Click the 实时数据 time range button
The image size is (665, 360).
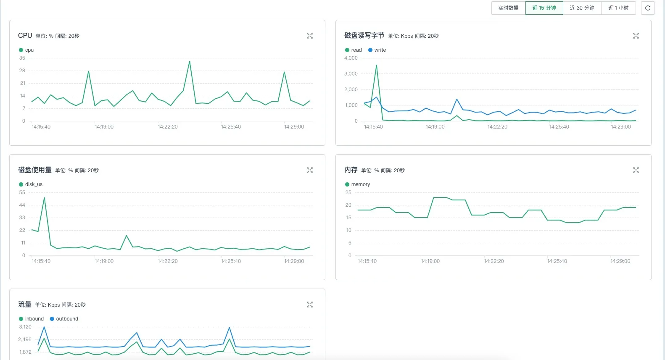[x=508, y=8]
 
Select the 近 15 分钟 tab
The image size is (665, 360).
[x=544, y=8]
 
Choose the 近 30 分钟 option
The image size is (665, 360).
[x=582, y=8]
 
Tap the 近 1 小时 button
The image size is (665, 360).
[x=618, y=8]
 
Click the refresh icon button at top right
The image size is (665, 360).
[x=647, y=8]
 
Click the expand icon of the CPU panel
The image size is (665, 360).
[x=310, y=36]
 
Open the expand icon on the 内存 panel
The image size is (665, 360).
[x=636, y=170]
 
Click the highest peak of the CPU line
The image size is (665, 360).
[x=190, y=61]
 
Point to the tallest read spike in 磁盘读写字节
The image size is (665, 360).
[x=376, y=65]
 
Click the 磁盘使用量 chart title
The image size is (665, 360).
[x=34, y=170]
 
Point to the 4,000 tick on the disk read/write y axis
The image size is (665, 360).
[x=351, y=58]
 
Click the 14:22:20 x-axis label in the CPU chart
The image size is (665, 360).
[x=168, y=126]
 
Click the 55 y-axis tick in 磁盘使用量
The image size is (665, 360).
[x=22, y=192]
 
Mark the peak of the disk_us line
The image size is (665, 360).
[x=44, y=197]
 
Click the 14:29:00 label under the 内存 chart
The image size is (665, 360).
[x=620, y=261]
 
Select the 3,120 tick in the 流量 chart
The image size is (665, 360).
[x=25, y=327]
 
